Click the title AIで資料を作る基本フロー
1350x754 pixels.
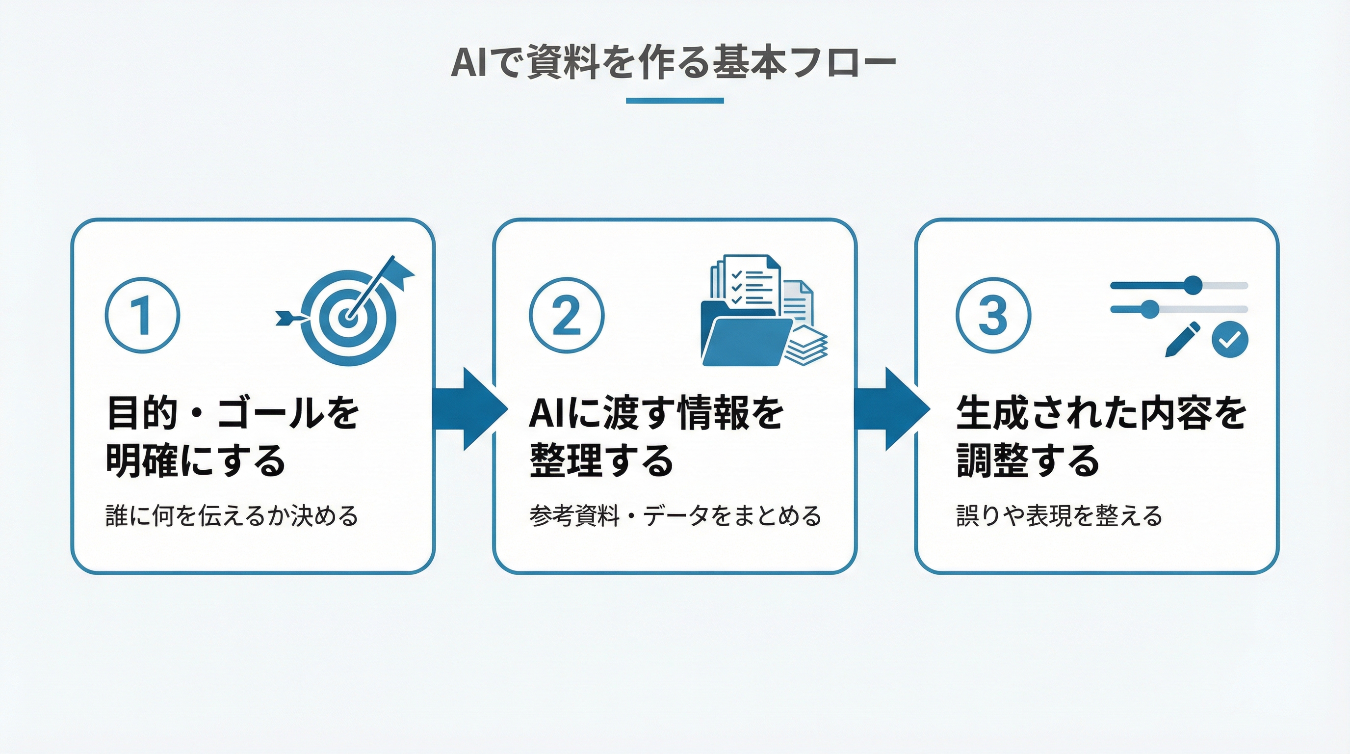pos(674,63)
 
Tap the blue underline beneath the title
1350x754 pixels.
pos(675,100)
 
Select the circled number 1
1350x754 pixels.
pos(142,315)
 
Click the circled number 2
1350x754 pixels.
pos(566,315)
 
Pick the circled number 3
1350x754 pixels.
pos(993,315)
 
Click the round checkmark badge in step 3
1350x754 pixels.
pos(1229,339)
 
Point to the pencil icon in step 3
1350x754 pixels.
pos(1182,339)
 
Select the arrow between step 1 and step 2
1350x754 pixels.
pos(469,409)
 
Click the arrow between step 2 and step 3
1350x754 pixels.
pos(891,409)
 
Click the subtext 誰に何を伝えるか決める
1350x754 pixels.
pos(232,516)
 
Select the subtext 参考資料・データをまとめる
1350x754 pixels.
pos(675,516)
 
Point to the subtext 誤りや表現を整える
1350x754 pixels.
pos(1059,516)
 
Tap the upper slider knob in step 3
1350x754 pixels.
pos(1194,285)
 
